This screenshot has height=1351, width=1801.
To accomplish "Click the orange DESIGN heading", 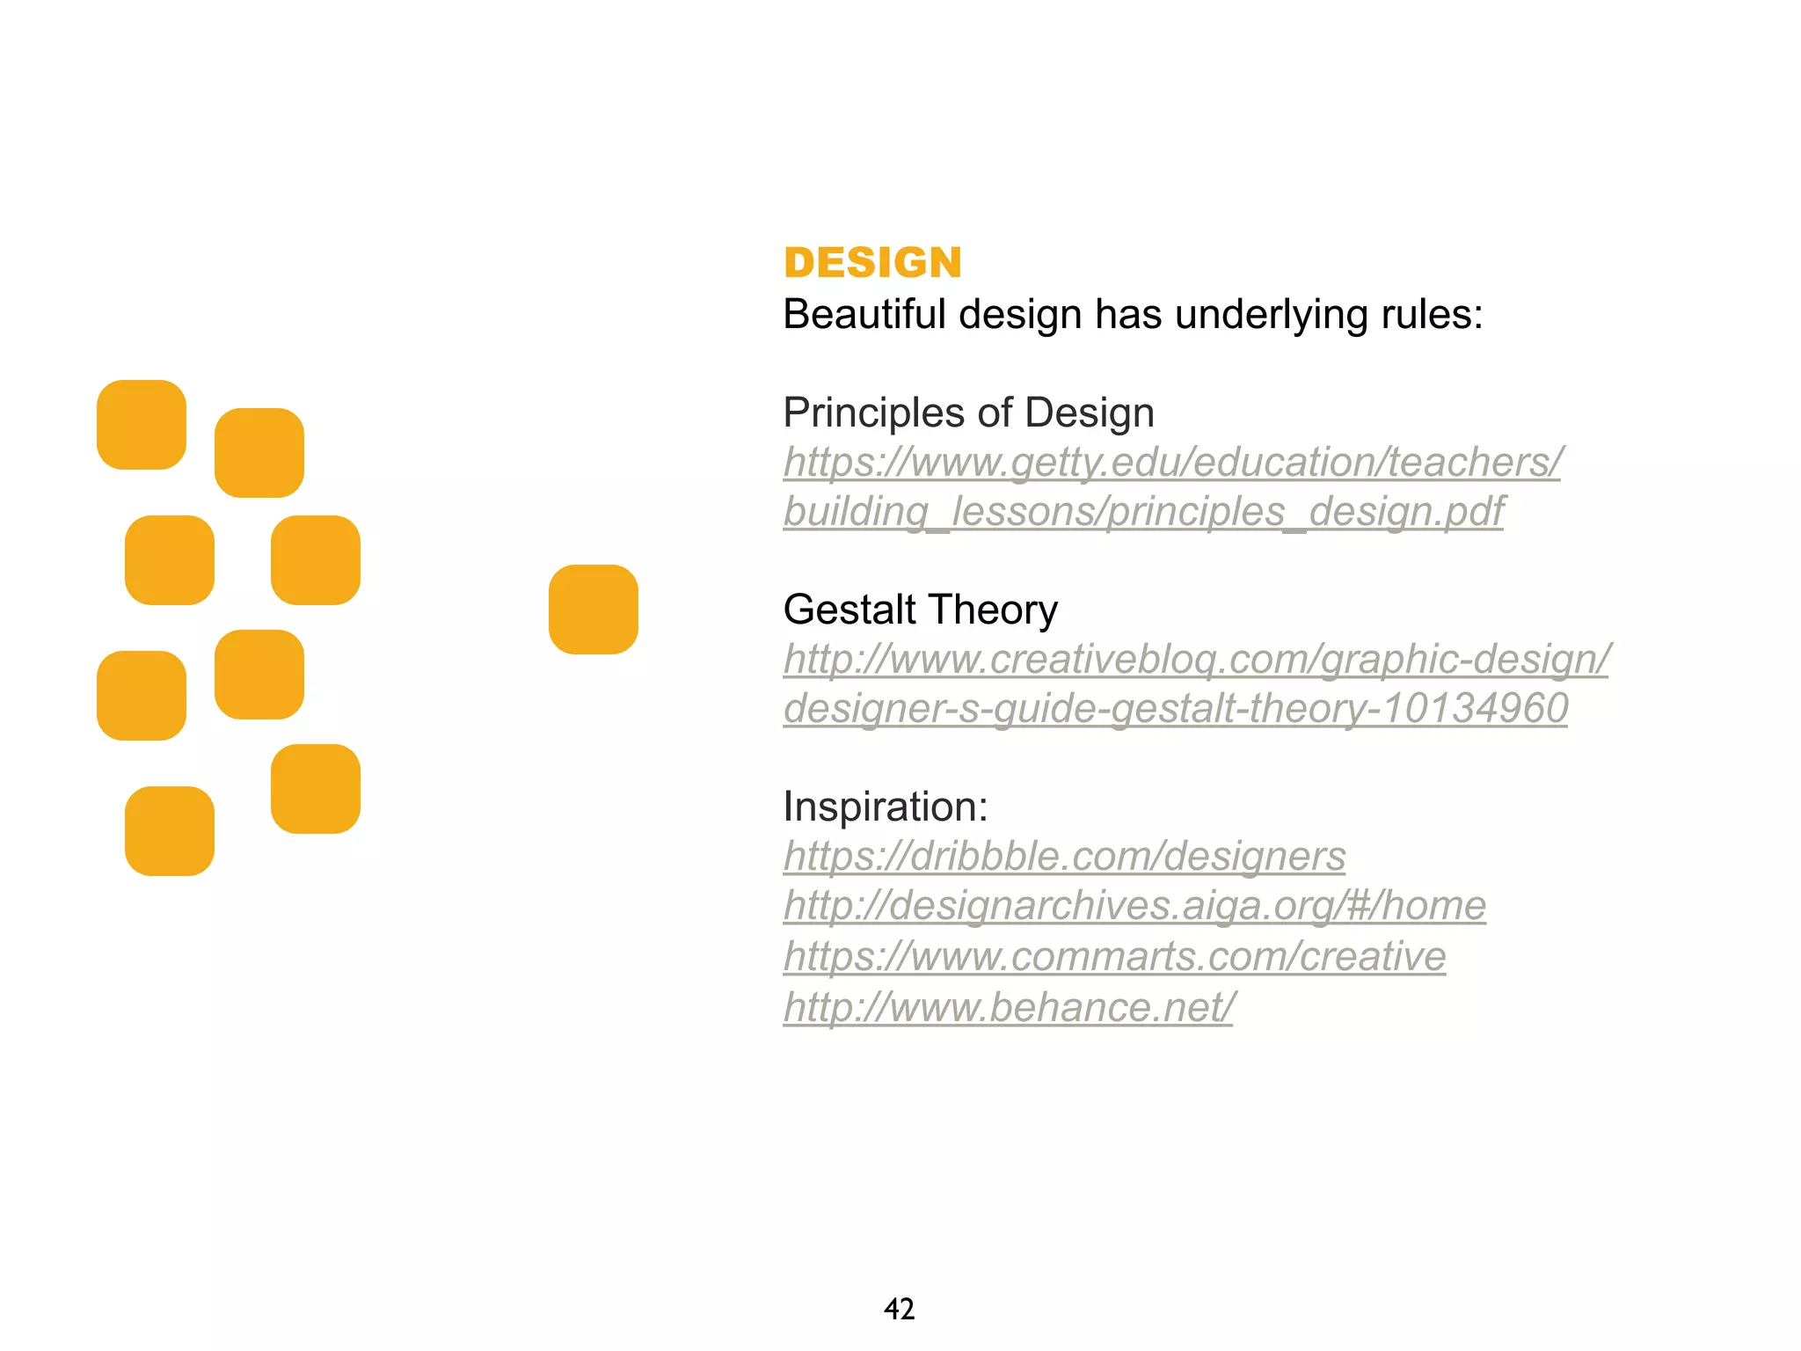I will point(872,263).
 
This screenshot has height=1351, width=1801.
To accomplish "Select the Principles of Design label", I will point(968,413).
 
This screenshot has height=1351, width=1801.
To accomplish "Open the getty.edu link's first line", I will point(1172,463).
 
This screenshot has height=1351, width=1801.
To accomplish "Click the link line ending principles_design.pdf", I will point(1143,512).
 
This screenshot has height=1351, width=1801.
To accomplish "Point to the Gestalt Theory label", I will point(920,610).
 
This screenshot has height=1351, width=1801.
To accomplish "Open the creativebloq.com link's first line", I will point(1196,660).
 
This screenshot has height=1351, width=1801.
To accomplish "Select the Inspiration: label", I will point(886,807).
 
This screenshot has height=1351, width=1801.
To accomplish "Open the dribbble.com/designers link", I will point(1064,857).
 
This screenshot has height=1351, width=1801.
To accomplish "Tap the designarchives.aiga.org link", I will point(1134,906).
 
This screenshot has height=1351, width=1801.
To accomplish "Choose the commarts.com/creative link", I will point(1114,957).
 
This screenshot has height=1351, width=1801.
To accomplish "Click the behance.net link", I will point(1009,1007).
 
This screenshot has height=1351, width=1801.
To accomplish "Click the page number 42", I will point(899,1310).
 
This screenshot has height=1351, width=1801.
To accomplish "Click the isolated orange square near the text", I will point(594,610).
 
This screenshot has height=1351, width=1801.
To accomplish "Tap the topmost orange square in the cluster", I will point(142,425).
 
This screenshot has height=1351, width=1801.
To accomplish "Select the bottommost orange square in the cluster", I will point(170,831).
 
